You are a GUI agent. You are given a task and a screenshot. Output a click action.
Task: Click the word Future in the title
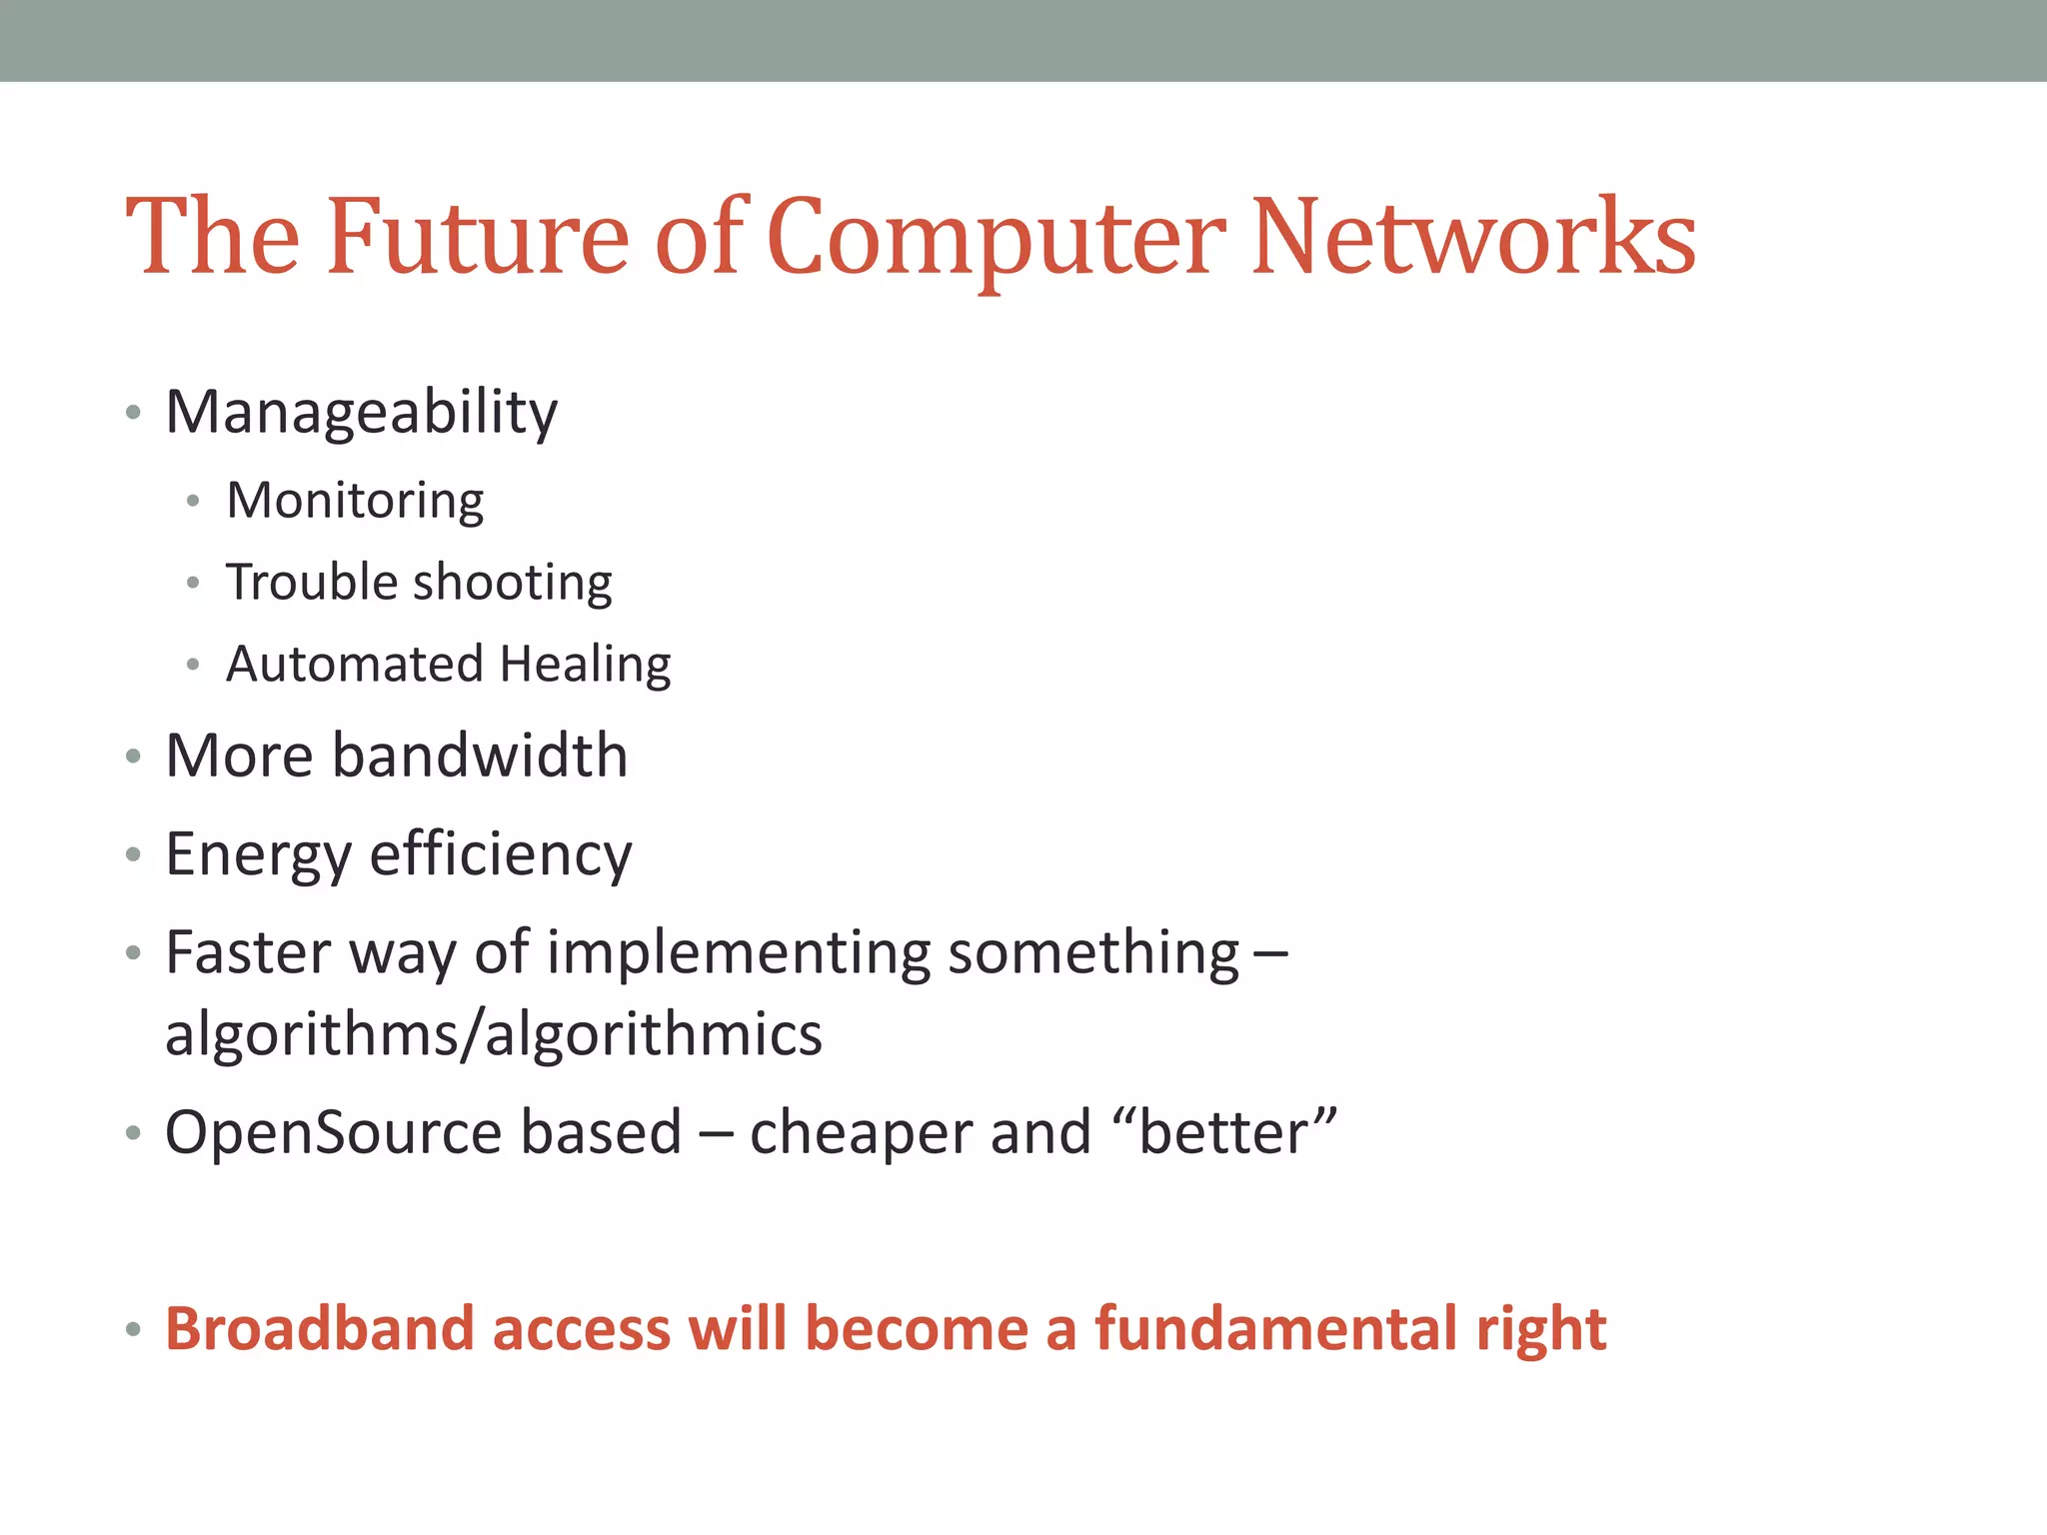pyautogui.click(x=478, y=238)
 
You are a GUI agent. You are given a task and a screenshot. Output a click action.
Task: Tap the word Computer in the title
pyautogui.click(x=996, y=238)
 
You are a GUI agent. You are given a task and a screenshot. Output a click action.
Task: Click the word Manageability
pyautogui.click(x=361, y=413)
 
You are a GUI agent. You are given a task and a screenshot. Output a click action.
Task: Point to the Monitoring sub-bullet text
pyautogui.click(x=355, y=501)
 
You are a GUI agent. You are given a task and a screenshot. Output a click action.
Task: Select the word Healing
pyautogui.click(x=586, y=665)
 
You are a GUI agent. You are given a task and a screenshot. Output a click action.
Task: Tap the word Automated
pyautogui.click(x=355, y=665)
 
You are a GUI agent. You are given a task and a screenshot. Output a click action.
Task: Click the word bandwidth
pyautogui.click(x=480, y=756)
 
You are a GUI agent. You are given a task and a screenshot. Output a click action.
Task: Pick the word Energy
pyautogui.click(x=258, y=855)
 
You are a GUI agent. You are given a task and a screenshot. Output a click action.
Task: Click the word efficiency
pyautogui.click(x=501, y=855)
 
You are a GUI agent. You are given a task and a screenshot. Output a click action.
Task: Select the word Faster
pyautogui.click(x=248, y=952)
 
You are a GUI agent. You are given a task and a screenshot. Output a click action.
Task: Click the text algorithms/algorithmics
pyautogui.click(x=494, y=1034)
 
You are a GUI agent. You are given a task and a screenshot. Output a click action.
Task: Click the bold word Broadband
pyautogui.click(x=319, y=1330)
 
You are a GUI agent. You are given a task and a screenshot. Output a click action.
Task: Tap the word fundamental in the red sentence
pyautogui.click(x=1276, y=1330)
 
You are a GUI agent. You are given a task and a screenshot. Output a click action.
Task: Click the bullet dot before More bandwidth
pyautogui.click(x=133, y=758)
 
